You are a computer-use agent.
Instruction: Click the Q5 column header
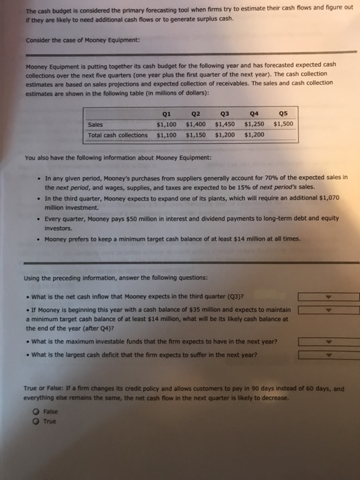(284, 115)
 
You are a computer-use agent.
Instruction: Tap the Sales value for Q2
(196, 125)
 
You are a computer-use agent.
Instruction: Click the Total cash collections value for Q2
(196, 134)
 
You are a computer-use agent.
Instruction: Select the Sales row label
(96, 125)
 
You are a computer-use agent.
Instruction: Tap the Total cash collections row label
(117, 134)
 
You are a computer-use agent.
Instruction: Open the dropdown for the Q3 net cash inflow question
(328, 297)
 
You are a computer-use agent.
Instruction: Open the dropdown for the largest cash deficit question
(328, 355)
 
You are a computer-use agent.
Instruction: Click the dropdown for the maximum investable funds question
(328, 341)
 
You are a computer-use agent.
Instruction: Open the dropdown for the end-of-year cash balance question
(328, 311)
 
